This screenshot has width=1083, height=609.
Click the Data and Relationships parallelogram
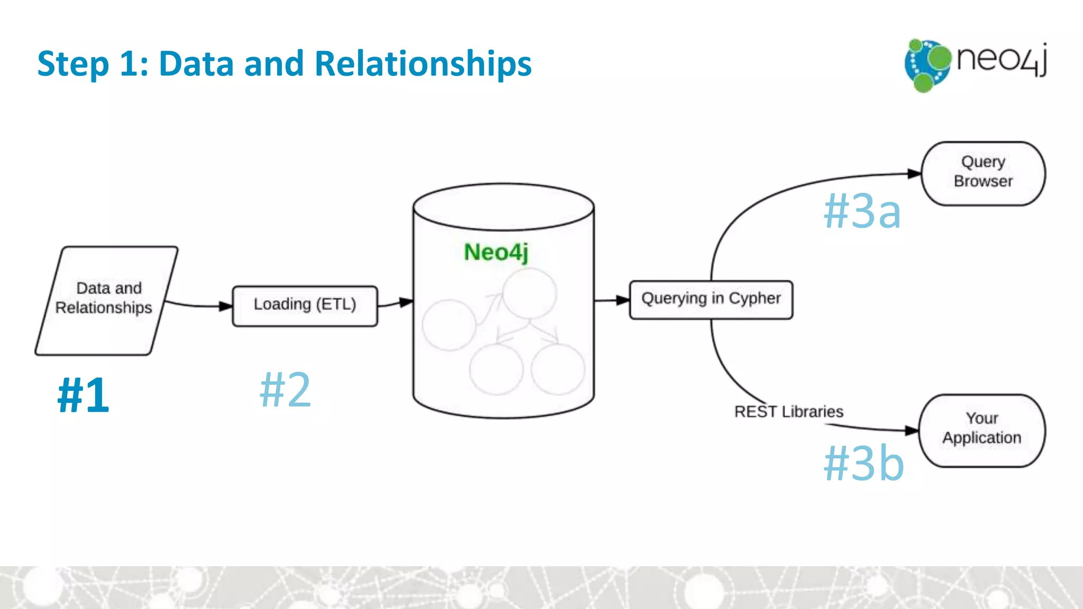coord(106,300)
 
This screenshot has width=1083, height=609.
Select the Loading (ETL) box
coord(305,306)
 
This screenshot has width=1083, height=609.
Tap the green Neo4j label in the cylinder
coord(496,252)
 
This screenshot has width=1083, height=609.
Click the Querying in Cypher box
coord(711,300)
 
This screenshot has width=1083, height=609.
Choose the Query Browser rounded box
coord(983,173)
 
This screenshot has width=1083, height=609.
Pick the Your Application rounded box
coord(982,430)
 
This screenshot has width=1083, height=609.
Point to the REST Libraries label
coord(788,411)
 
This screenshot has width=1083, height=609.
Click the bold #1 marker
coord(84,395)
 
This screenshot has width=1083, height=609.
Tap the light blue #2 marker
coord(285,390)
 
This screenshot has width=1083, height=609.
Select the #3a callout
coord(862,211)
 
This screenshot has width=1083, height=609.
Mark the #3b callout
coord(864,463)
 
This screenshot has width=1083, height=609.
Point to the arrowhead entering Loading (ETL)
coord(226,306)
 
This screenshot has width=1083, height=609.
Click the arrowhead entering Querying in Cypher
coord(623,300)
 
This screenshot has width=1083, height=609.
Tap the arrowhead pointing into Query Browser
coord(914,173)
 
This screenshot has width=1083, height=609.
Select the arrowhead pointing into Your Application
coord(912,430)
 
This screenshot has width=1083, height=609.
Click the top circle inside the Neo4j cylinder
coord(529,293)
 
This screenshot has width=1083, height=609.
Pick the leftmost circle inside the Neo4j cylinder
coord(449,325)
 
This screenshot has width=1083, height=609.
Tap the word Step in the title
coord(73,64)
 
